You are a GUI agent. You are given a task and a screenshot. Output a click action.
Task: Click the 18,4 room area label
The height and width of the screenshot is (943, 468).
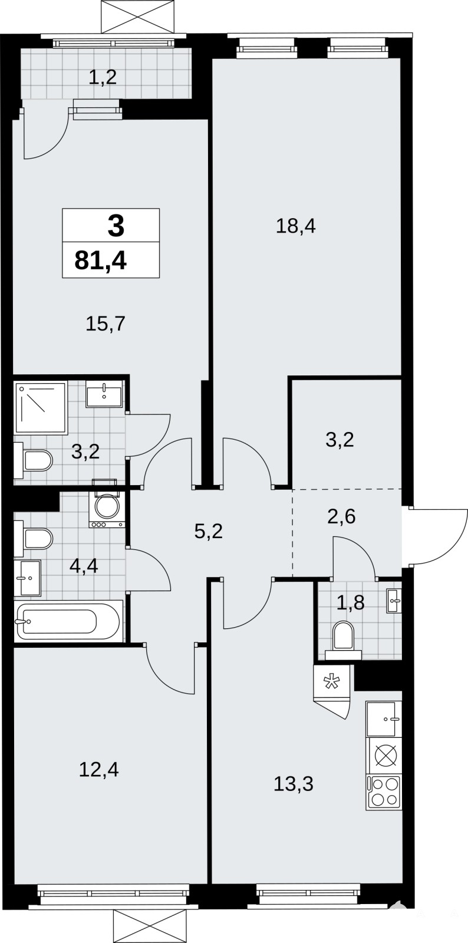(x=295, y=227)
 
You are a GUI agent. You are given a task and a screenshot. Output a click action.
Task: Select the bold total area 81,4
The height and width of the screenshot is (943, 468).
(x=101, y=261)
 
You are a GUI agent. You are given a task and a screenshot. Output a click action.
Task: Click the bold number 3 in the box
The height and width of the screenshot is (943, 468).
(x=116, y=226)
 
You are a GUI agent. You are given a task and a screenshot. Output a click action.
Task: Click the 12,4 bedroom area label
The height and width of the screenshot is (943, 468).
(x=99, y=770)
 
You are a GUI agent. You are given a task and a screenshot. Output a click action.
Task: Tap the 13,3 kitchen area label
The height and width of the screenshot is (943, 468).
(x=294, y=784)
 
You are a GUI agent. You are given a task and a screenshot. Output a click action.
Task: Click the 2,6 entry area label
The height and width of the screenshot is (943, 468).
(x=341, y=516)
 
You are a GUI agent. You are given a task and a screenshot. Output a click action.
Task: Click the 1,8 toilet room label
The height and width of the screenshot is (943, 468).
(x=350, y=603)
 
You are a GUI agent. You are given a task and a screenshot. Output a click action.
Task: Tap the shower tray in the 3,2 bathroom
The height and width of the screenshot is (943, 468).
(x=41, y=408)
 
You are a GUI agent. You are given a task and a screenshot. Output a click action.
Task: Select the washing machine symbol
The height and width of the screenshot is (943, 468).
(x=107, y=509)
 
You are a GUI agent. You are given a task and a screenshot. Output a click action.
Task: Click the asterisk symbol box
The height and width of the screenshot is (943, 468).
(x=332, y=681)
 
